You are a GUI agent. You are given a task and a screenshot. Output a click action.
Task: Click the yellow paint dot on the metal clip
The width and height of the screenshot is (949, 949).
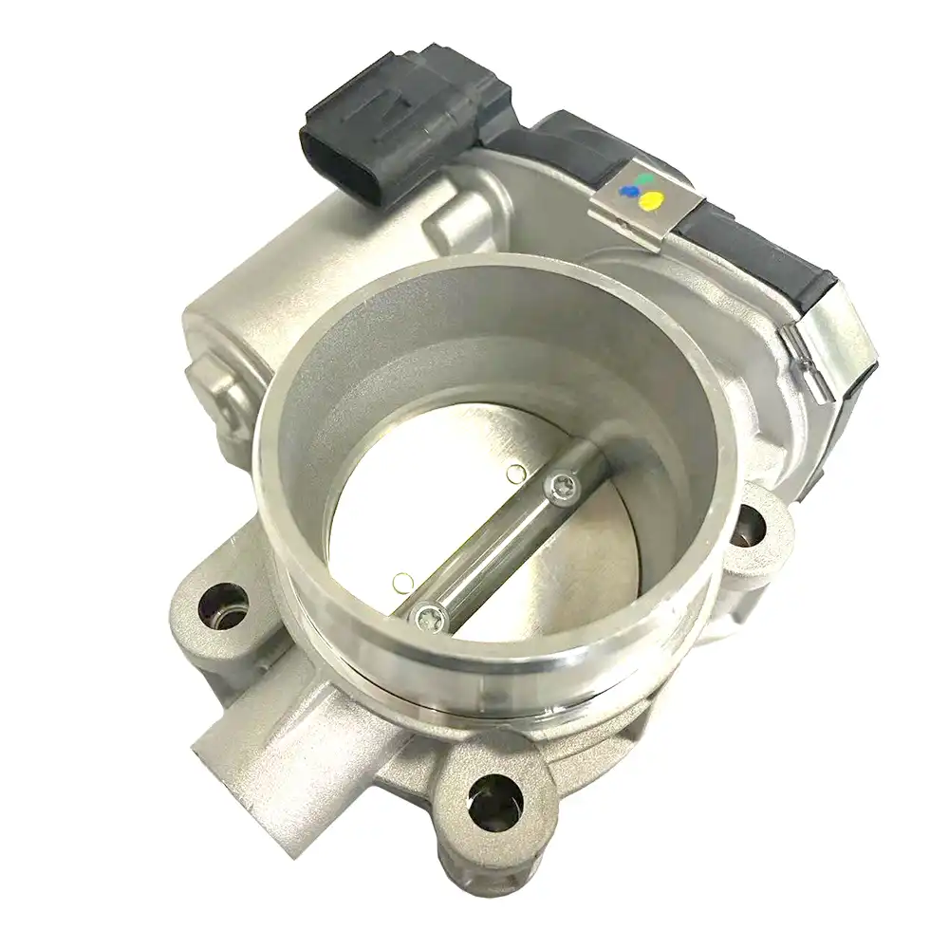[652, 200]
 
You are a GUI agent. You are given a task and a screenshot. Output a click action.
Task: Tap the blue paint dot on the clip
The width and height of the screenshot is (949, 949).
[627, 192]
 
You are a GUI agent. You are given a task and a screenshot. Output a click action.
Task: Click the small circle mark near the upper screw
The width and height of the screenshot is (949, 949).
[515, 472]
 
